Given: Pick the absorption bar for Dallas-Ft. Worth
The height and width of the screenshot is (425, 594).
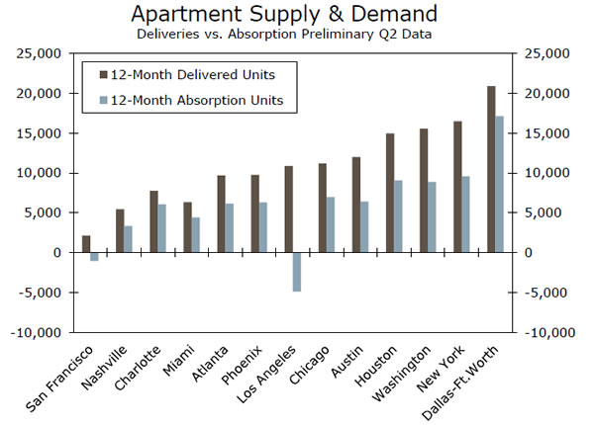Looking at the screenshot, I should point(500,184).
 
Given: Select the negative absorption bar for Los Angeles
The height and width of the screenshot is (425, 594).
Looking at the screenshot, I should point(296,272).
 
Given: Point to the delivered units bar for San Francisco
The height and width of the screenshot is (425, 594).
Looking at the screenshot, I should point(86,244).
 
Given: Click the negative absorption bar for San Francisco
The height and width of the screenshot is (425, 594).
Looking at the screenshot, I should point(94,256).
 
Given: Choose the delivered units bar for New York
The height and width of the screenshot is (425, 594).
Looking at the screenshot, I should point(458,187).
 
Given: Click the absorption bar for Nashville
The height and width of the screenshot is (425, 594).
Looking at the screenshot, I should point(128,239).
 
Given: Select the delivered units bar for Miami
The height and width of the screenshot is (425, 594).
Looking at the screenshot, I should point(187,227).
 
